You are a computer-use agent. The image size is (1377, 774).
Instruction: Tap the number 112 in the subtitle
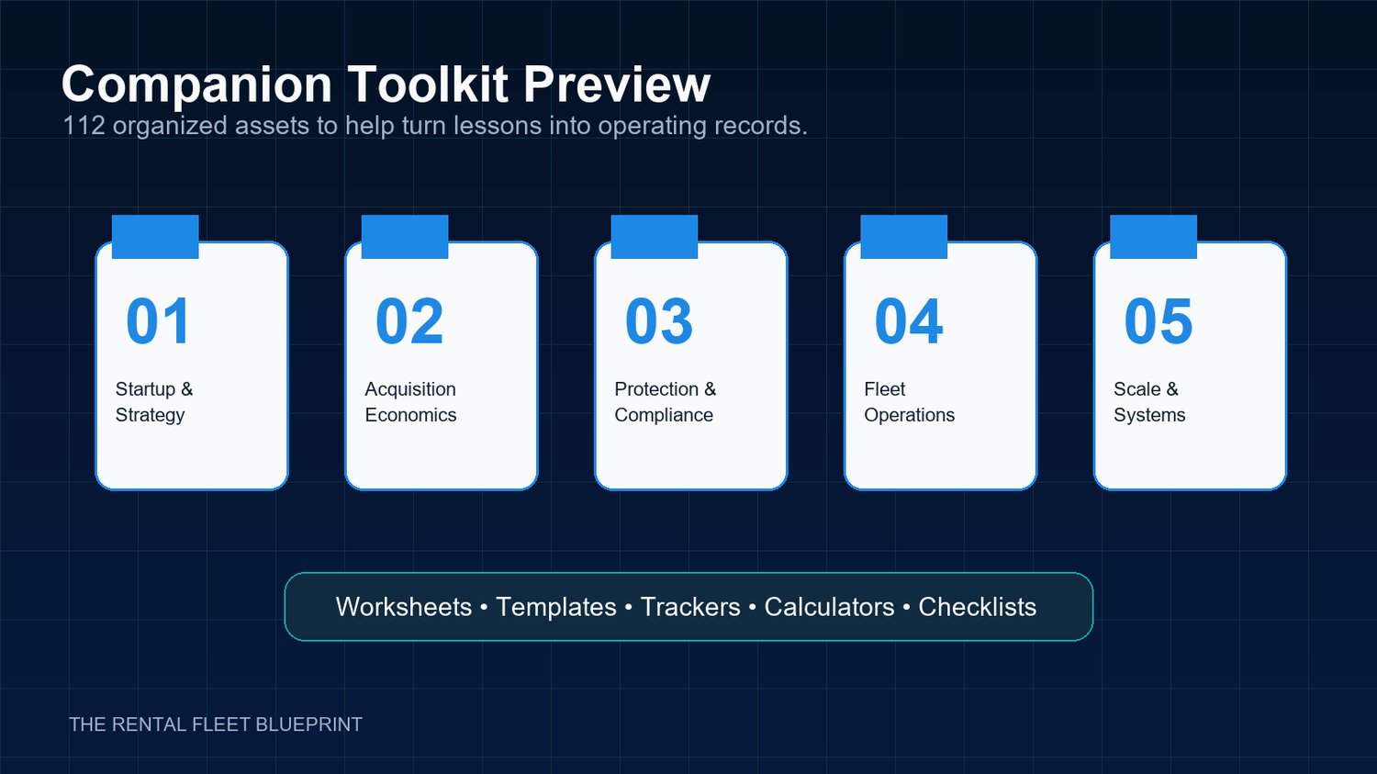84,126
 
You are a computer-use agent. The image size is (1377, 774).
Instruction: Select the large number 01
158,321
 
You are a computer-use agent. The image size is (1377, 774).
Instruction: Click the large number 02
409,321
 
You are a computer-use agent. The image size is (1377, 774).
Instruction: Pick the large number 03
658,321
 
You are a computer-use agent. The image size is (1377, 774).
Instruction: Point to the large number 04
908,321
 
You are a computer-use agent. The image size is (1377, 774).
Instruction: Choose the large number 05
1159,321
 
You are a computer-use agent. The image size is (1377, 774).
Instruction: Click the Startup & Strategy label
154,402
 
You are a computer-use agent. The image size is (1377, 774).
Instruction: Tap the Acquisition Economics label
410,402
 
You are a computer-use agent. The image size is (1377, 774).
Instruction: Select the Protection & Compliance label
666,402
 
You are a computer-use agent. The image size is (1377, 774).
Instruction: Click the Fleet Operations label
909,402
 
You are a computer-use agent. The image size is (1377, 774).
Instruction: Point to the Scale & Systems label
1149,402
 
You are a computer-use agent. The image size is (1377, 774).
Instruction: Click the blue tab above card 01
155,237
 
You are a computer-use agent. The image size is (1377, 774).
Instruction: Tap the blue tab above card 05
1153,237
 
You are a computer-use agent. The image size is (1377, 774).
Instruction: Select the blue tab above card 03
654,237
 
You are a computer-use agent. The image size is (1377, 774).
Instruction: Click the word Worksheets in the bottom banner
404,607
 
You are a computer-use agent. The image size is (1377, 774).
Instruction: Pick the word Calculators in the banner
829,607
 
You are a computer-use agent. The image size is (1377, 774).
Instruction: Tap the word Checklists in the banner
978,607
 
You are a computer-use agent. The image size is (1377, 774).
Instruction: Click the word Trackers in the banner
690,607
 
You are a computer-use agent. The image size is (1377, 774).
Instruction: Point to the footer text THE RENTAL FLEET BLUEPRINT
216,724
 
